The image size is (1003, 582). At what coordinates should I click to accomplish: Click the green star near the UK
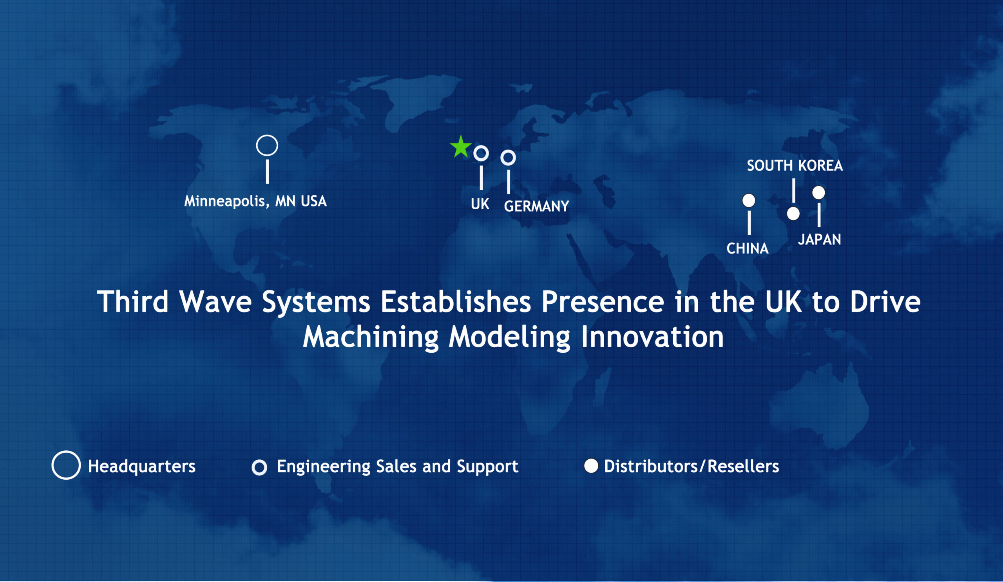pos(460,147)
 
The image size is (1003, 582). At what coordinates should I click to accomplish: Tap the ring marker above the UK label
pos(481,146)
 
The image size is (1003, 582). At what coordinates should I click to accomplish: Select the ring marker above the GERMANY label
pos(508,150)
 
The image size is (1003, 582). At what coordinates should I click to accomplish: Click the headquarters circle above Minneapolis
pos(267,135)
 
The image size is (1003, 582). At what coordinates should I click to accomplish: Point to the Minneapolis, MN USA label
pos(255,201)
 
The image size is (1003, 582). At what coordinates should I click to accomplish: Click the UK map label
pos(480,204)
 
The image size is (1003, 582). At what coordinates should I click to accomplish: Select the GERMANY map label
pos(536,206)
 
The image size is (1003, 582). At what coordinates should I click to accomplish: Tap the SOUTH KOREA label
pos(795,165)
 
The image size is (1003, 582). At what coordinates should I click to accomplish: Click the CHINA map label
pos(747,248)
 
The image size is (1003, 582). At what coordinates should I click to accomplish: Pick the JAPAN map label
pos(819,239)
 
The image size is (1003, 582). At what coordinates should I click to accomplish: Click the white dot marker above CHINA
pos(749,200)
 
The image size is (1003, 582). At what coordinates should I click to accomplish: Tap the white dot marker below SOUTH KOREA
pos(793,214)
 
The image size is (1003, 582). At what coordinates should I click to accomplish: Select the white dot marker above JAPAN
pos(818,193)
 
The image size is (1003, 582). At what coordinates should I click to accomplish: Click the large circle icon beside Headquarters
pos(66,451)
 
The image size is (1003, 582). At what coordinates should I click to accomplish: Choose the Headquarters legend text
pos(141,466)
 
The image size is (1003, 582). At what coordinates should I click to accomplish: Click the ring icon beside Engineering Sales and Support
pos(259,461)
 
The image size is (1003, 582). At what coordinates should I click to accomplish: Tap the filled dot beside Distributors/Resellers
pos(591,466)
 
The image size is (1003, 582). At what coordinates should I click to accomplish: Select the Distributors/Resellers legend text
pos(692,466)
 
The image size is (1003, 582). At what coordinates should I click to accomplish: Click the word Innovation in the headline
pos(652,337)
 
